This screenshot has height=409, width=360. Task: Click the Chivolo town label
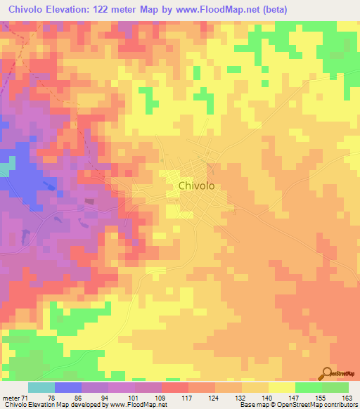click(197, 186)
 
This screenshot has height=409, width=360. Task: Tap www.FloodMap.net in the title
click(229, 8)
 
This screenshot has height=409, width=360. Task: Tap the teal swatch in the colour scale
click(41, 388)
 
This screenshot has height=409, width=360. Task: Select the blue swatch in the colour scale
click(68, 388)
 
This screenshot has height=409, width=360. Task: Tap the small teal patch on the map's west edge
click(6, 168)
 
